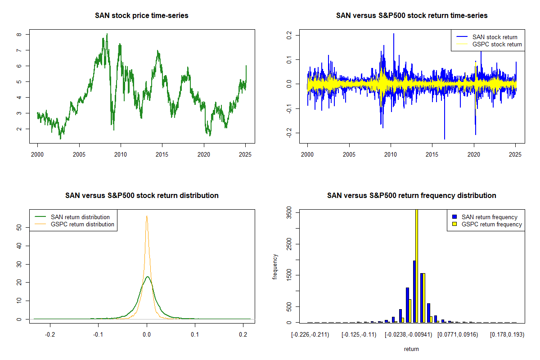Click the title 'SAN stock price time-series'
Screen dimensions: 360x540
coord(142,16)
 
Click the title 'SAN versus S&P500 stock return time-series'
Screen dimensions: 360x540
coord(412,16)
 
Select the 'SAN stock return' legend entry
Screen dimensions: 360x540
coord(495,37)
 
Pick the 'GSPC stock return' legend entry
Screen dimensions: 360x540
coord(497,44)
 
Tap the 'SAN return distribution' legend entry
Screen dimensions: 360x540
coord(80,217)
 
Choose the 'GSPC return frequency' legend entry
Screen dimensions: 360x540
coord(492,224)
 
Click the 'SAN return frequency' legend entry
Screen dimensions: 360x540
coord(490,217)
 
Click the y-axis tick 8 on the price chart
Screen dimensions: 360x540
coord(18,34)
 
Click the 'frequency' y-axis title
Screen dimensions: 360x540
coord(275,267)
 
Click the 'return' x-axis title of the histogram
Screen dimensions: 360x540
coord(411,349)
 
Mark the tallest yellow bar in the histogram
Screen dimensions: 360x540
coord(417,265)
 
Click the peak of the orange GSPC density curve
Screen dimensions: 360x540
coord(147,216)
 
